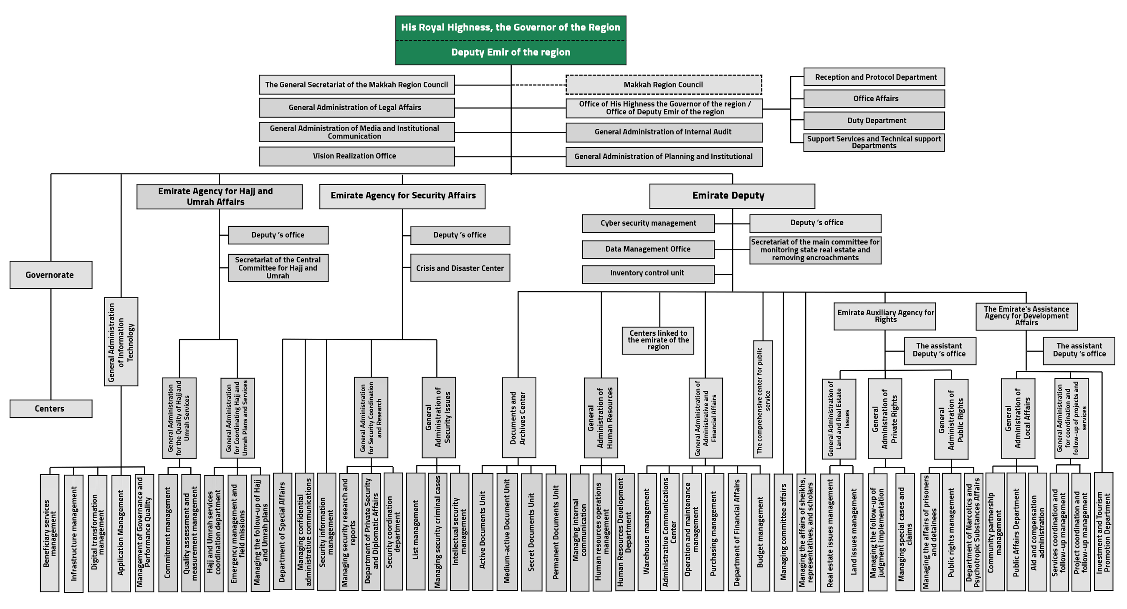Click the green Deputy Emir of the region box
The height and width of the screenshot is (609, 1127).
tap(510, 53)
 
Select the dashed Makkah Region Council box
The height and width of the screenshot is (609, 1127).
tap(663, 85)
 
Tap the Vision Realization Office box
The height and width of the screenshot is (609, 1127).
tap(356, 156)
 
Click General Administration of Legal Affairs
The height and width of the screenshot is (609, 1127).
tap(356, 108)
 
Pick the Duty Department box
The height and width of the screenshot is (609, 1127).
tap(874, 121)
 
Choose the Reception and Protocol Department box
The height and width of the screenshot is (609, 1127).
tap(874, 77)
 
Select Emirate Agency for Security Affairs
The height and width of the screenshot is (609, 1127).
tap(402, 196)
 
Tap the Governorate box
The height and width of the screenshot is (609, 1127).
tap(51, 275)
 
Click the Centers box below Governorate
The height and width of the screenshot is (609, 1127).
tap(51, 409)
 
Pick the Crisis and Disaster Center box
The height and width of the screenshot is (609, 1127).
tap(460, 268)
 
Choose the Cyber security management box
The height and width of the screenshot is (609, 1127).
tap(648, 224)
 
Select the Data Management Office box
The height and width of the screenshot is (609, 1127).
tap(648, 249)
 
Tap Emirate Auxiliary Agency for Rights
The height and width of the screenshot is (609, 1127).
tap(884, 316)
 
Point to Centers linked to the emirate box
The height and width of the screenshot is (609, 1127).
tap(657, 340)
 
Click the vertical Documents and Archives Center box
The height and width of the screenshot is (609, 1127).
tap(518, 418)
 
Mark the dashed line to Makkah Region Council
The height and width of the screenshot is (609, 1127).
tap(538, 85)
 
